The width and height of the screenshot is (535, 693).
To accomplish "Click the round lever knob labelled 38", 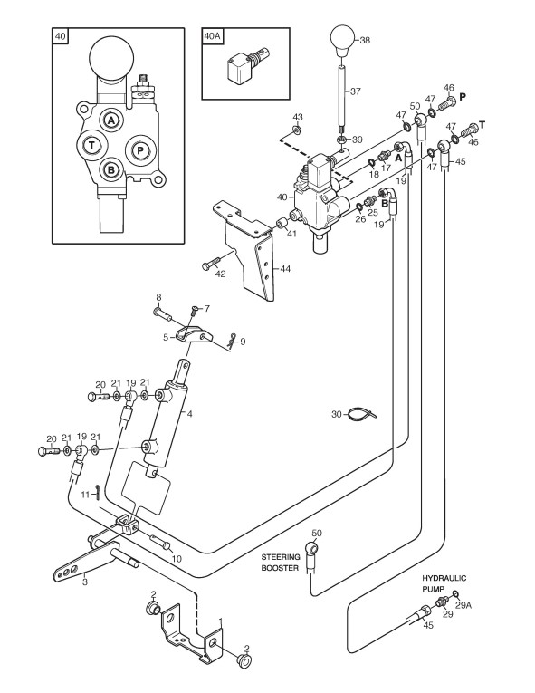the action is pos(343,41).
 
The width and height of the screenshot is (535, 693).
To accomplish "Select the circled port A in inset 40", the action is pos(111,120).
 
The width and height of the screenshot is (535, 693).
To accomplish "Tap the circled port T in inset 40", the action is pos(91,145).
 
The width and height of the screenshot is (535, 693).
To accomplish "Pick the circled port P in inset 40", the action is pos(140,150).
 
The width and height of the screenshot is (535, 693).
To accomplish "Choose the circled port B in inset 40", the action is pos(111,169).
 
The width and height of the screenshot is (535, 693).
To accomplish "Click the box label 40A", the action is pos(212,36).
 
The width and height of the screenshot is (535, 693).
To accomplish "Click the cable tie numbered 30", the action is pos(361,415).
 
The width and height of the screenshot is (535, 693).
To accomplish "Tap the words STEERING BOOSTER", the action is pos(281,563).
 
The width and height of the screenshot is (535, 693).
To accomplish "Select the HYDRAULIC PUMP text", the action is pos(444,583).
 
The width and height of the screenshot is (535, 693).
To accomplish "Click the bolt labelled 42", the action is pos(211,264).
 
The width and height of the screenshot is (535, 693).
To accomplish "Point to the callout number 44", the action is pos(285,268).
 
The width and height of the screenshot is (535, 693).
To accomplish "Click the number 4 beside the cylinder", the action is pos(190,414).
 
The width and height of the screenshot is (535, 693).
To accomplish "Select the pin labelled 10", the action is pos(161,543).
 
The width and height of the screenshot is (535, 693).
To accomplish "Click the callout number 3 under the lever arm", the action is pos(84,582).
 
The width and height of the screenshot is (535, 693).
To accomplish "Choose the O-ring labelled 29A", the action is pos(456,593).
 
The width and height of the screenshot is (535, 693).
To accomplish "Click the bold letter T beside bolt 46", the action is pos(482,125).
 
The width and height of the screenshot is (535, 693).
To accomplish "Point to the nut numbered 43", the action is pos(297,129).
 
